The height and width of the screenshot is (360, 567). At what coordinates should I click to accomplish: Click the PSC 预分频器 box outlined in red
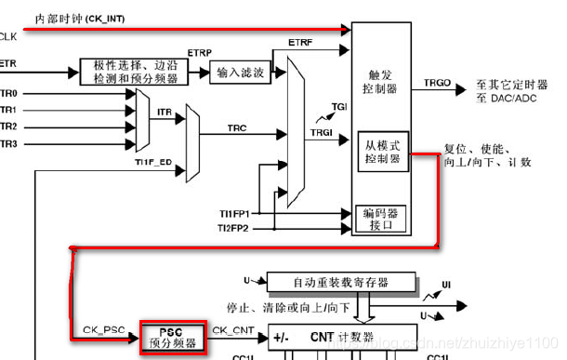click(x=168, y=337)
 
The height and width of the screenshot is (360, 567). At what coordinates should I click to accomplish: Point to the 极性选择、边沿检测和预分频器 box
click(x=135, y=72)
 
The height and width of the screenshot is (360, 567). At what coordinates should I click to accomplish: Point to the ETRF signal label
click(x=300, y=43)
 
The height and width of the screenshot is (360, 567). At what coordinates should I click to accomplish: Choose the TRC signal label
click(x=237, y=126)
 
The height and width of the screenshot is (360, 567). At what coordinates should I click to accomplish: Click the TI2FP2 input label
click(x=233, y=227)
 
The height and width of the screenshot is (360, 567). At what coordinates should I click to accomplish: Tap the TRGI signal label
click(x=322, y=132)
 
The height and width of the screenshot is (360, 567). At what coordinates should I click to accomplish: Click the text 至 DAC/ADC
click(x=507, y=98)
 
